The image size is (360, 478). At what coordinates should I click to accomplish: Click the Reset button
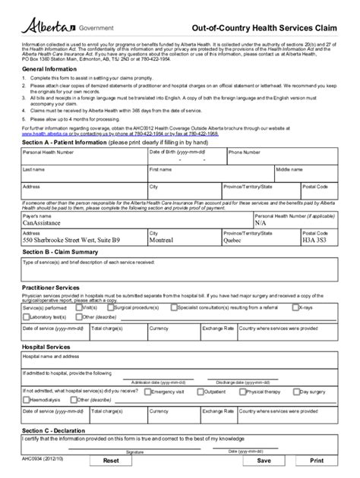click(111, 460)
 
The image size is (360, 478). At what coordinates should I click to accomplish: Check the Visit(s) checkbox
click(79, 308)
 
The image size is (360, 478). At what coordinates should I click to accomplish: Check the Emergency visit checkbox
click(149, 392)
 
